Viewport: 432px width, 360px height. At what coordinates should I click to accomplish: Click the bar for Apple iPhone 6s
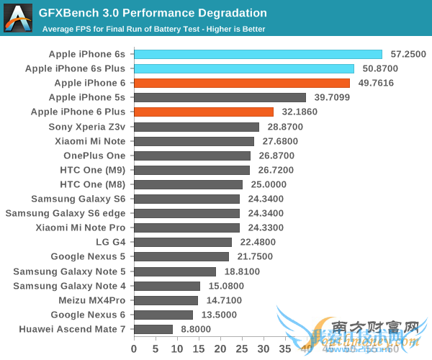pos(258,54)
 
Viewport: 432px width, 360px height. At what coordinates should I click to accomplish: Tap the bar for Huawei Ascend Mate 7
pos(153,329)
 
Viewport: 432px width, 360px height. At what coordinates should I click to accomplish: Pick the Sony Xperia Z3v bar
pos(197,127)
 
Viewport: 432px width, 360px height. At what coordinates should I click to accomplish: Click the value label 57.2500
pos(408,54)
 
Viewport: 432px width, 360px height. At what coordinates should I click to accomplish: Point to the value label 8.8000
pos(195,329)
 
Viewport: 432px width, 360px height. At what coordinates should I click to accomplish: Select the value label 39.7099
pos(331,97)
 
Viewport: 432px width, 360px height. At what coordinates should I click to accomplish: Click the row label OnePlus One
pos(94,156)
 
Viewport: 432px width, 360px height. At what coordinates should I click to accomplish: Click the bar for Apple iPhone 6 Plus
pos(204,112)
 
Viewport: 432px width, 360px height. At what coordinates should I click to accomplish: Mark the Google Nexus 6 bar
pos(163,315)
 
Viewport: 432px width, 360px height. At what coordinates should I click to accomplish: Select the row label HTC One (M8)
pos(93,184)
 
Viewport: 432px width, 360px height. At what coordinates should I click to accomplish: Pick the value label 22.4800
pos(257,242)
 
